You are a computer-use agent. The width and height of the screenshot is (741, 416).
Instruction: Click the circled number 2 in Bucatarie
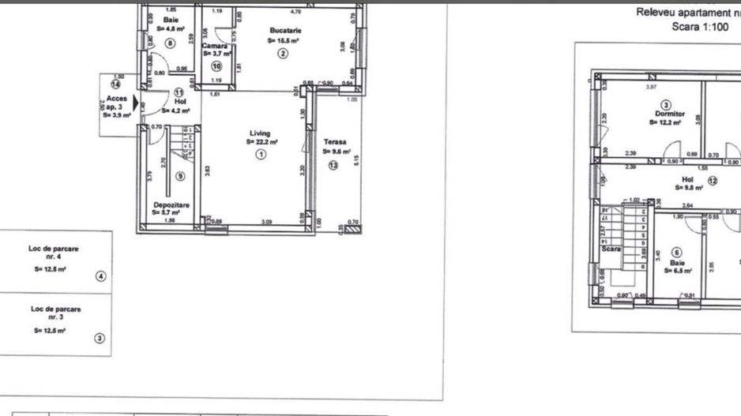(x=282, y=53)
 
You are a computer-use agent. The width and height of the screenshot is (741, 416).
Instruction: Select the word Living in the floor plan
(x=261, y=133)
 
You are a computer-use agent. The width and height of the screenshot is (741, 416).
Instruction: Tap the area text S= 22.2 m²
(x=261, y=143)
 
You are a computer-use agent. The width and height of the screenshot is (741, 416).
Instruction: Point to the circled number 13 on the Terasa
(x=333, y=165)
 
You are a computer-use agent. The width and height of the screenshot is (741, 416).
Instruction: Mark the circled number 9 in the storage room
(x=180, y=176)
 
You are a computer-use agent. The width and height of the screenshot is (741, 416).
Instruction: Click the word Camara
(x=214, y=47)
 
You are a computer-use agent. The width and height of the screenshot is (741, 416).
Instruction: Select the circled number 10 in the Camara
(x=216, y=66)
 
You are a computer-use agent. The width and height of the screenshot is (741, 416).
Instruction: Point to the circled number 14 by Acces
(x=115, y=84)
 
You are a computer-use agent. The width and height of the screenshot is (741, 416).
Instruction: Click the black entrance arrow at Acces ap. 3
(x=137, y=103)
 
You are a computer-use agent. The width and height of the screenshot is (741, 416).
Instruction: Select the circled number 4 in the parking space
(x=100, y=276)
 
